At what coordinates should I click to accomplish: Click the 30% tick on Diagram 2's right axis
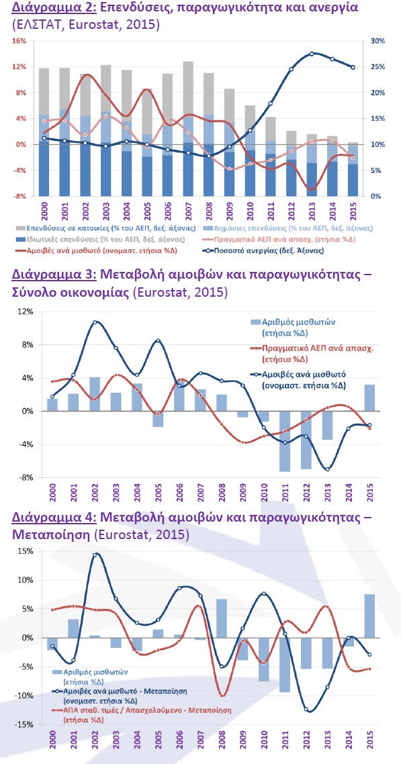(377, 41)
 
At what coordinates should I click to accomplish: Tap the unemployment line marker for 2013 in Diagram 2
(312, 54)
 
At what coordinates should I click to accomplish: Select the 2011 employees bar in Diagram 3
(285, 442)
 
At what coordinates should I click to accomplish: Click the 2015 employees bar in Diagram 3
(369, 398)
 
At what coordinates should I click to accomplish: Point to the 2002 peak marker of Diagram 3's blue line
(95, 322)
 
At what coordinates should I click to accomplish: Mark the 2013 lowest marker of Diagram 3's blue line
(327, 469)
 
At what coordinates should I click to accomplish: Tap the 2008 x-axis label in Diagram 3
(222, 492)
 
